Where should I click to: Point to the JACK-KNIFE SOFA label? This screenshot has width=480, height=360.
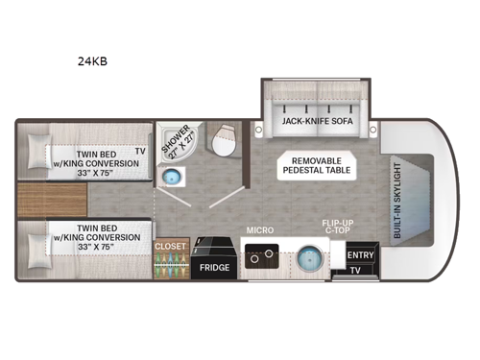coord(314,123)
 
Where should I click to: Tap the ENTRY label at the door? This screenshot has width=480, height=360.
coord(361,255)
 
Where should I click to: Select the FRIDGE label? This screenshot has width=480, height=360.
coord(214,268)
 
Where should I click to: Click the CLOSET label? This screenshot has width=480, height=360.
coord(170,246)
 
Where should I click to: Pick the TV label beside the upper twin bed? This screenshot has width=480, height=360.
coord(140,151)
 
